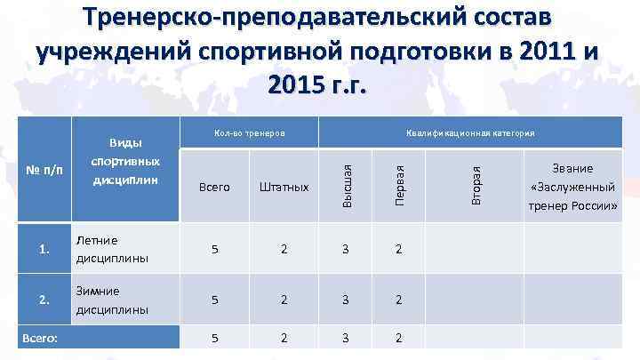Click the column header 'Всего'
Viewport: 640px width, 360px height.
(x=215, y=187)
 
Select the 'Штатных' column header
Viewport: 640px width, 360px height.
(x=284, y=187)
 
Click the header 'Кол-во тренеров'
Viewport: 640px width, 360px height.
(x=249, y=133)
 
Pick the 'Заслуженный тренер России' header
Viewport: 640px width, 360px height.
(x=572, y=187)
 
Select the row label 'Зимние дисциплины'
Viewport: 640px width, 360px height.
(x=112, y=300)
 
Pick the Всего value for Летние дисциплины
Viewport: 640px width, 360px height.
(x=215, y=250)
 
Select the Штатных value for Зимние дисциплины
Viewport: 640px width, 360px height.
(x=284, y=300)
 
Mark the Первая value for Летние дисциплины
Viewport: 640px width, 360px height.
(x=401, y=250)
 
